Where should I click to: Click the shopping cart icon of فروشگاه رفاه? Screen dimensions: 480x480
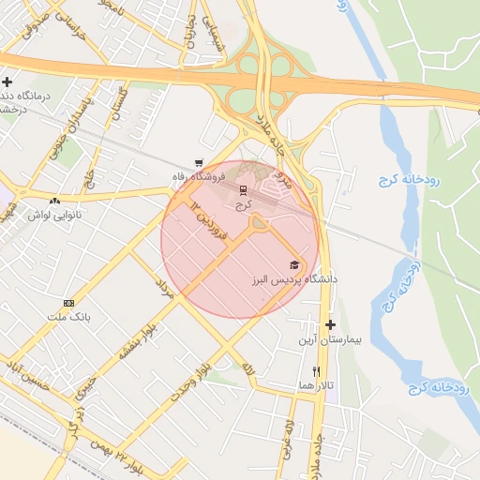click(198, 161)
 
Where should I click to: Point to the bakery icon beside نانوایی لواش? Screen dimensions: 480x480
click(54, 201)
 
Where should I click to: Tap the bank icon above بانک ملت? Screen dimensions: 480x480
click(68, 303)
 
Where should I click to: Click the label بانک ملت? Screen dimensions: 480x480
click(69, 317)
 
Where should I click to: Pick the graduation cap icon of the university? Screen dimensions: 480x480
click(294, 265)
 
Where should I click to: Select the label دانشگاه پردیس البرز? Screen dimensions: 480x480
click(293, 279)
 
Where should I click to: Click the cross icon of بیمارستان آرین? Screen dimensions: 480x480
click(330, 324)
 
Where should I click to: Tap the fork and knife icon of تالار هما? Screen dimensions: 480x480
click(316, 371)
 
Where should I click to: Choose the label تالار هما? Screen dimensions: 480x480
click(317, 385)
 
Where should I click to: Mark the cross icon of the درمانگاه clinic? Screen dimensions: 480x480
click(7, 82)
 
